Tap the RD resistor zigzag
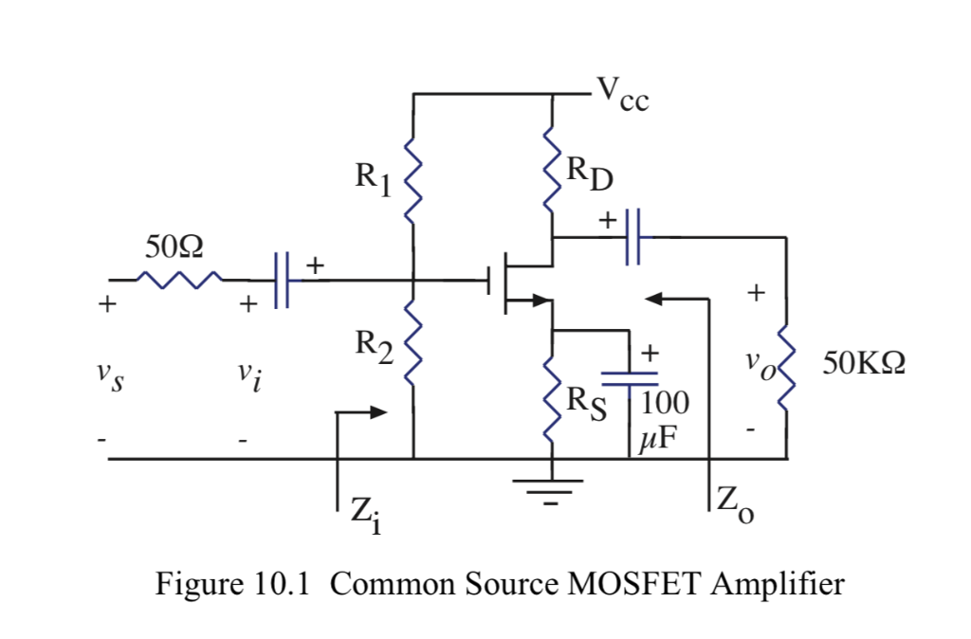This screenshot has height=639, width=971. [552, 171]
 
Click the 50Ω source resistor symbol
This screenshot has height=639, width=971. [179, 281]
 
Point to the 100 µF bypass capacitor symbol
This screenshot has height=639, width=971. [629, 378]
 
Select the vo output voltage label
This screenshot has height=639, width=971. [756, 364]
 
